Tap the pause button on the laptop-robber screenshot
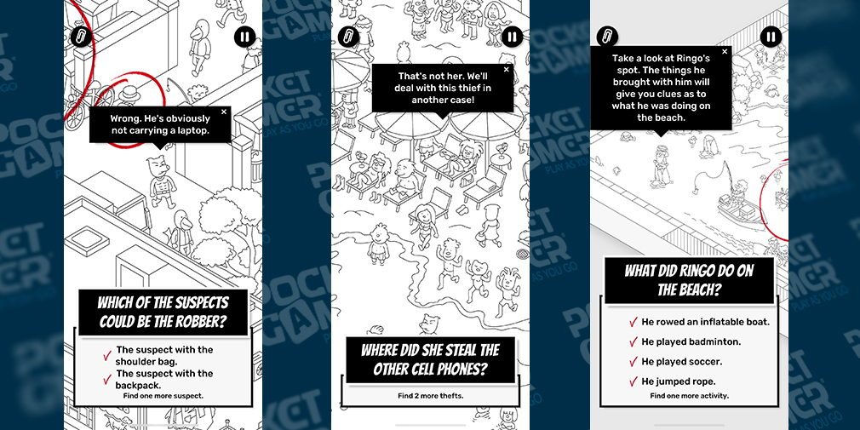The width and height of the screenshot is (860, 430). pos(244,37)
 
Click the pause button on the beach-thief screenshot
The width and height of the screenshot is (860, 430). pos(512,37)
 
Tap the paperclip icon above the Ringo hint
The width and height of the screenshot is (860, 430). pos(607,37)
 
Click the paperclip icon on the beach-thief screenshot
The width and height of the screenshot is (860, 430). pos(348,37)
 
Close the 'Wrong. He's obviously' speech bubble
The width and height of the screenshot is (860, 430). pos(224,112)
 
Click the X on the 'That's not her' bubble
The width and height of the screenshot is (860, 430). pos(507,70)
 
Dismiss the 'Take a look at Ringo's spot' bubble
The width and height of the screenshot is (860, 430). pos(725,52)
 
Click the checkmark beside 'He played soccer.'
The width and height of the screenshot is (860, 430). pos(634,362)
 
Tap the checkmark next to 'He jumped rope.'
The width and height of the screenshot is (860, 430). pos(634,381)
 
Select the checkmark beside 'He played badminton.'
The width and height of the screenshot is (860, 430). pos(634,342)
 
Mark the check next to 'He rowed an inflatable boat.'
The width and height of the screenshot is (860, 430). pos(634,322)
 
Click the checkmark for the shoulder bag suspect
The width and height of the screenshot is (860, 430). pos(107,355)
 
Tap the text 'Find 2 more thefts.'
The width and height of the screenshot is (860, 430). pos(431,395)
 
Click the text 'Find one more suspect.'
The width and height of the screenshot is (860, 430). pos(163,395)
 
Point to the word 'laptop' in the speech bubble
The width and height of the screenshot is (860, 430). pos(195,131)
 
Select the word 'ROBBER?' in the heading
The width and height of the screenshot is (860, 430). pos(203,321)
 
